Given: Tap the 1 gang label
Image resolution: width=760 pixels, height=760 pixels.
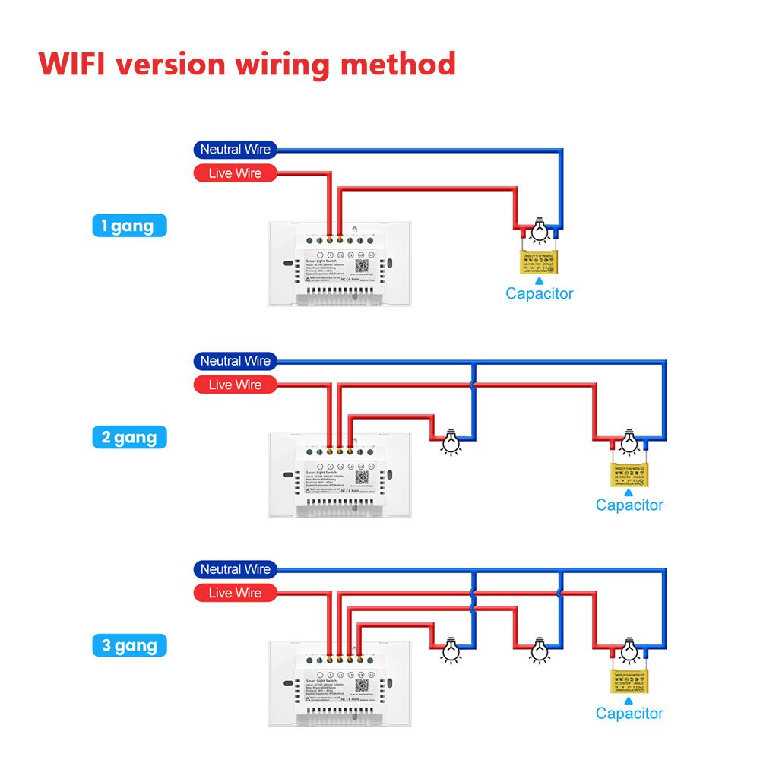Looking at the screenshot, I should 128,226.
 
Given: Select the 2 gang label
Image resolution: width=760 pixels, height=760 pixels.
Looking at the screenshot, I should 128,437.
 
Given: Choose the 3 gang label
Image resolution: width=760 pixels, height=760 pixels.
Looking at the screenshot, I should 128,646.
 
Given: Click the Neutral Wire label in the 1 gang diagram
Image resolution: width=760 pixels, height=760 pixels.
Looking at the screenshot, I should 235,150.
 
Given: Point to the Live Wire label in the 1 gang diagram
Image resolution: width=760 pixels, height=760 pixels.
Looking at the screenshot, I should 235,173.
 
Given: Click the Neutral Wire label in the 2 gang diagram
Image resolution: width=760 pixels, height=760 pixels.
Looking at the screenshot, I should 235,361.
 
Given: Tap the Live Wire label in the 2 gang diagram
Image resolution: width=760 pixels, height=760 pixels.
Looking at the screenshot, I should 235,385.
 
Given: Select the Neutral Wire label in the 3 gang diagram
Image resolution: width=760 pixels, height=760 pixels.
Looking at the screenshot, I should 235,569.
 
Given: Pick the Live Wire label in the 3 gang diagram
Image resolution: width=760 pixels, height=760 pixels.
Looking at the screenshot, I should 235,593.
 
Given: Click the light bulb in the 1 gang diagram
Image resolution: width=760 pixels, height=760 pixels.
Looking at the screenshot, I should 539,229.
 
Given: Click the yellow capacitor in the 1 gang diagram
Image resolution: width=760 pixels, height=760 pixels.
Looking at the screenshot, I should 539,262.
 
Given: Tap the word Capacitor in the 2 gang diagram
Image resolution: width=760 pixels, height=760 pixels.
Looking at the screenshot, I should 629,505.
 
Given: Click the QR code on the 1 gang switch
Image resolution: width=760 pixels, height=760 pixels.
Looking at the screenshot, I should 362,266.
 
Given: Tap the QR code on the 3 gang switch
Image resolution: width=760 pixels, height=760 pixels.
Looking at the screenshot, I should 362,686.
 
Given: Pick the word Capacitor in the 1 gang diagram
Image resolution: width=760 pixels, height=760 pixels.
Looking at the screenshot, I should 539,293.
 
